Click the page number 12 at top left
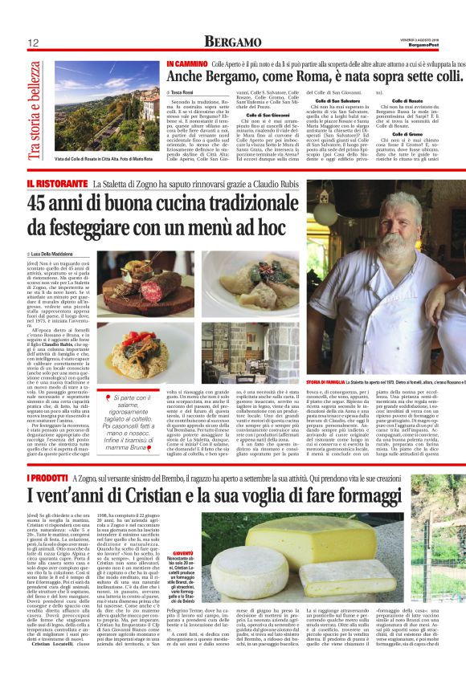point(35,43)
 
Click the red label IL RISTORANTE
point(57,185)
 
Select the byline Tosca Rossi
point(184,93)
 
